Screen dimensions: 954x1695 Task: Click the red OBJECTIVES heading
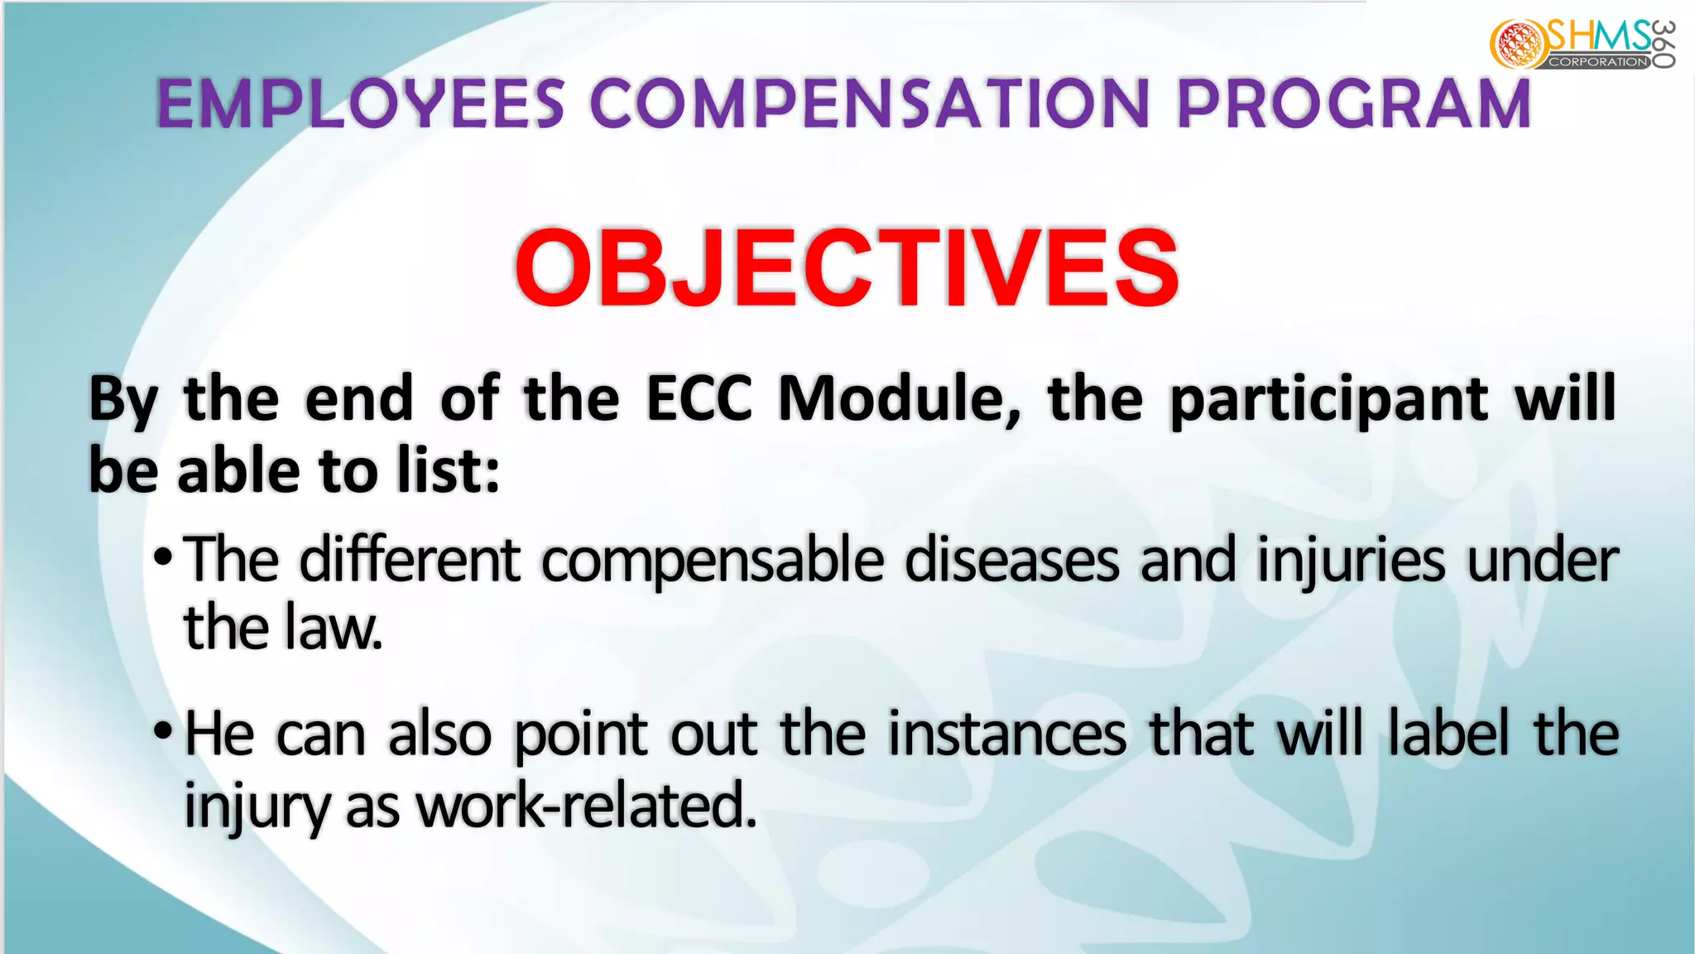coord(847,267)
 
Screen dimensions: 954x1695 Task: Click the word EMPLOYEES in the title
coord(361,104)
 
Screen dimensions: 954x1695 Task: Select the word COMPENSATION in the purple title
coord(869,104)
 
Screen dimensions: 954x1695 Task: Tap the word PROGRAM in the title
coord(1353,104)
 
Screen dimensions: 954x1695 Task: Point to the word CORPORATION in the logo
coord(1598,62)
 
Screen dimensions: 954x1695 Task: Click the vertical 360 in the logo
coord(1664,44)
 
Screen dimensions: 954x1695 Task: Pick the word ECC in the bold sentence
coord(699,399)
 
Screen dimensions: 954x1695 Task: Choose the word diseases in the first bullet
coord(1011,560)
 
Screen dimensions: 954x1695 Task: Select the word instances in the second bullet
coord(1007,734)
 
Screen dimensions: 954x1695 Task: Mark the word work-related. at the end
coord(587,805)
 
